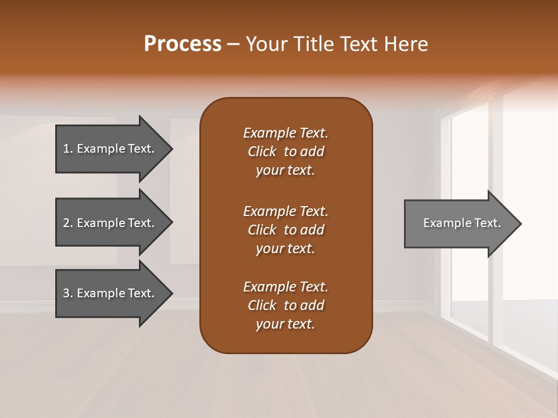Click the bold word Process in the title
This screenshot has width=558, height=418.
(x=183, y=44)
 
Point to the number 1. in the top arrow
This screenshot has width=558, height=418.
(x=68, y=149)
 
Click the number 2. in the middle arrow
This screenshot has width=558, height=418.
(x=68, y=223)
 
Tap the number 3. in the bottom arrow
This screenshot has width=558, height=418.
(x=68, y=293)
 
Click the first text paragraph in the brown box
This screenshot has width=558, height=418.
(x=285, y=152)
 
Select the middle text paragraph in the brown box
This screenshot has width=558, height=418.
(x=285, y=229)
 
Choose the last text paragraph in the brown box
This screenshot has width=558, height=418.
(x=285, y=305)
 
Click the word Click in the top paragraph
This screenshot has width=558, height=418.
(x=262, y=152)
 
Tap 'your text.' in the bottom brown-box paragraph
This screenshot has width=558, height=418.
(x=285, y=324)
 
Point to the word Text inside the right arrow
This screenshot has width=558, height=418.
(x=487, y=223)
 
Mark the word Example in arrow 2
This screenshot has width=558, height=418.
(x=102, y=223)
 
